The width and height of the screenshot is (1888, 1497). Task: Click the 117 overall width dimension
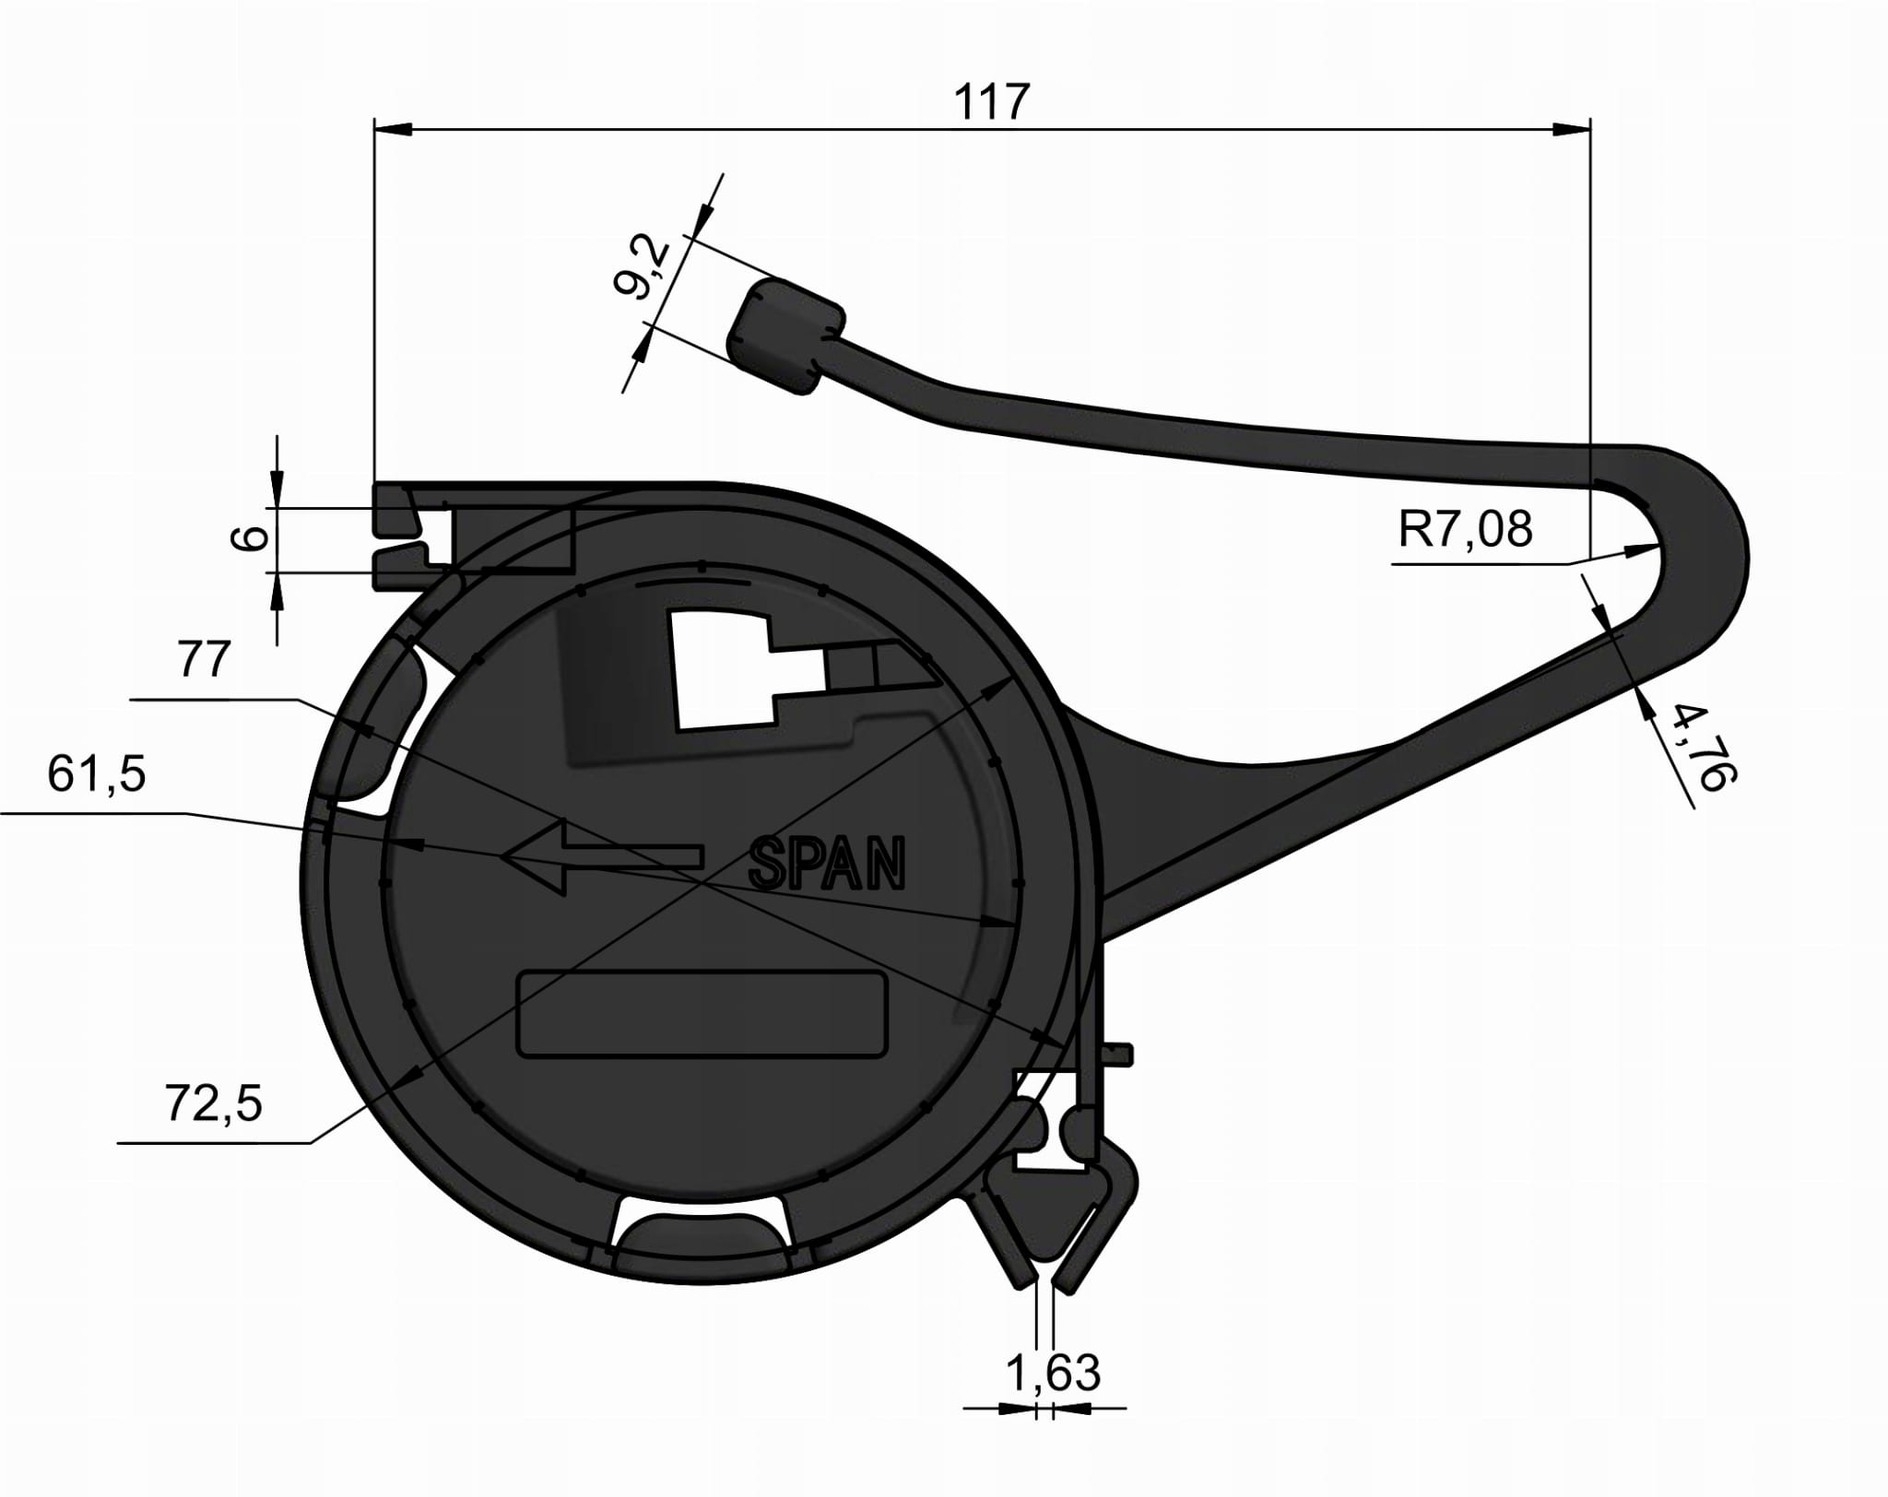[x=990, y=102]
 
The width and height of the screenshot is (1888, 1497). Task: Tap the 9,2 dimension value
[x=643, y=267]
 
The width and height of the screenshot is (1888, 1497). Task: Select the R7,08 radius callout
[x=1465, y=529]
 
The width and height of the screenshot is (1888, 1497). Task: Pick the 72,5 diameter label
[x=213, y=1102]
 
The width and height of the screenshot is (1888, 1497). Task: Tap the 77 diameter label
[x=204, y=661]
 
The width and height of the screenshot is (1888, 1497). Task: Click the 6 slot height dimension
[x=250, y=538]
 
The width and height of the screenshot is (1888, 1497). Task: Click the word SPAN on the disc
[x=827, y=864]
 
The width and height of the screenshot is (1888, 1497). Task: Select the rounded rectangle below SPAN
[x=702, y=1013]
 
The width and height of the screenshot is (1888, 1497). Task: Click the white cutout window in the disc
[x=724, y=670]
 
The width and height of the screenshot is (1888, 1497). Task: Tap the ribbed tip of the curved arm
[x=785, y=336]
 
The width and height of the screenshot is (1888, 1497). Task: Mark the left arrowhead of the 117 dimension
[x=392, y=129]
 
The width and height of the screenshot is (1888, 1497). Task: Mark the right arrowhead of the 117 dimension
[x=1573, y=129]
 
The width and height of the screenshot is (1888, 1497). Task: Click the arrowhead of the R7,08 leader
[x=1646, y=550]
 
